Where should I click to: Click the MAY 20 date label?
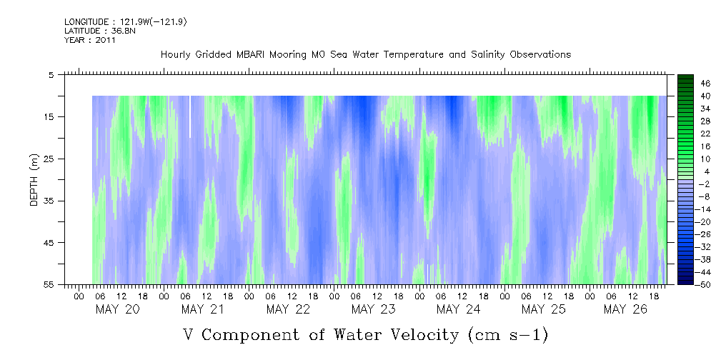tap(117, 309)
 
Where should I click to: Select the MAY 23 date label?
tap(373, 309)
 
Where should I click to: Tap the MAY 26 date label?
tap(625, 309)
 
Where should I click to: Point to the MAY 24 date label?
tap(458, 309)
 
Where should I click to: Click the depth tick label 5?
tap(51, 74)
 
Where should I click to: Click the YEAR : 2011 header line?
tap(90, 40)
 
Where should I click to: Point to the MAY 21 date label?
tap(203, 309)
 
